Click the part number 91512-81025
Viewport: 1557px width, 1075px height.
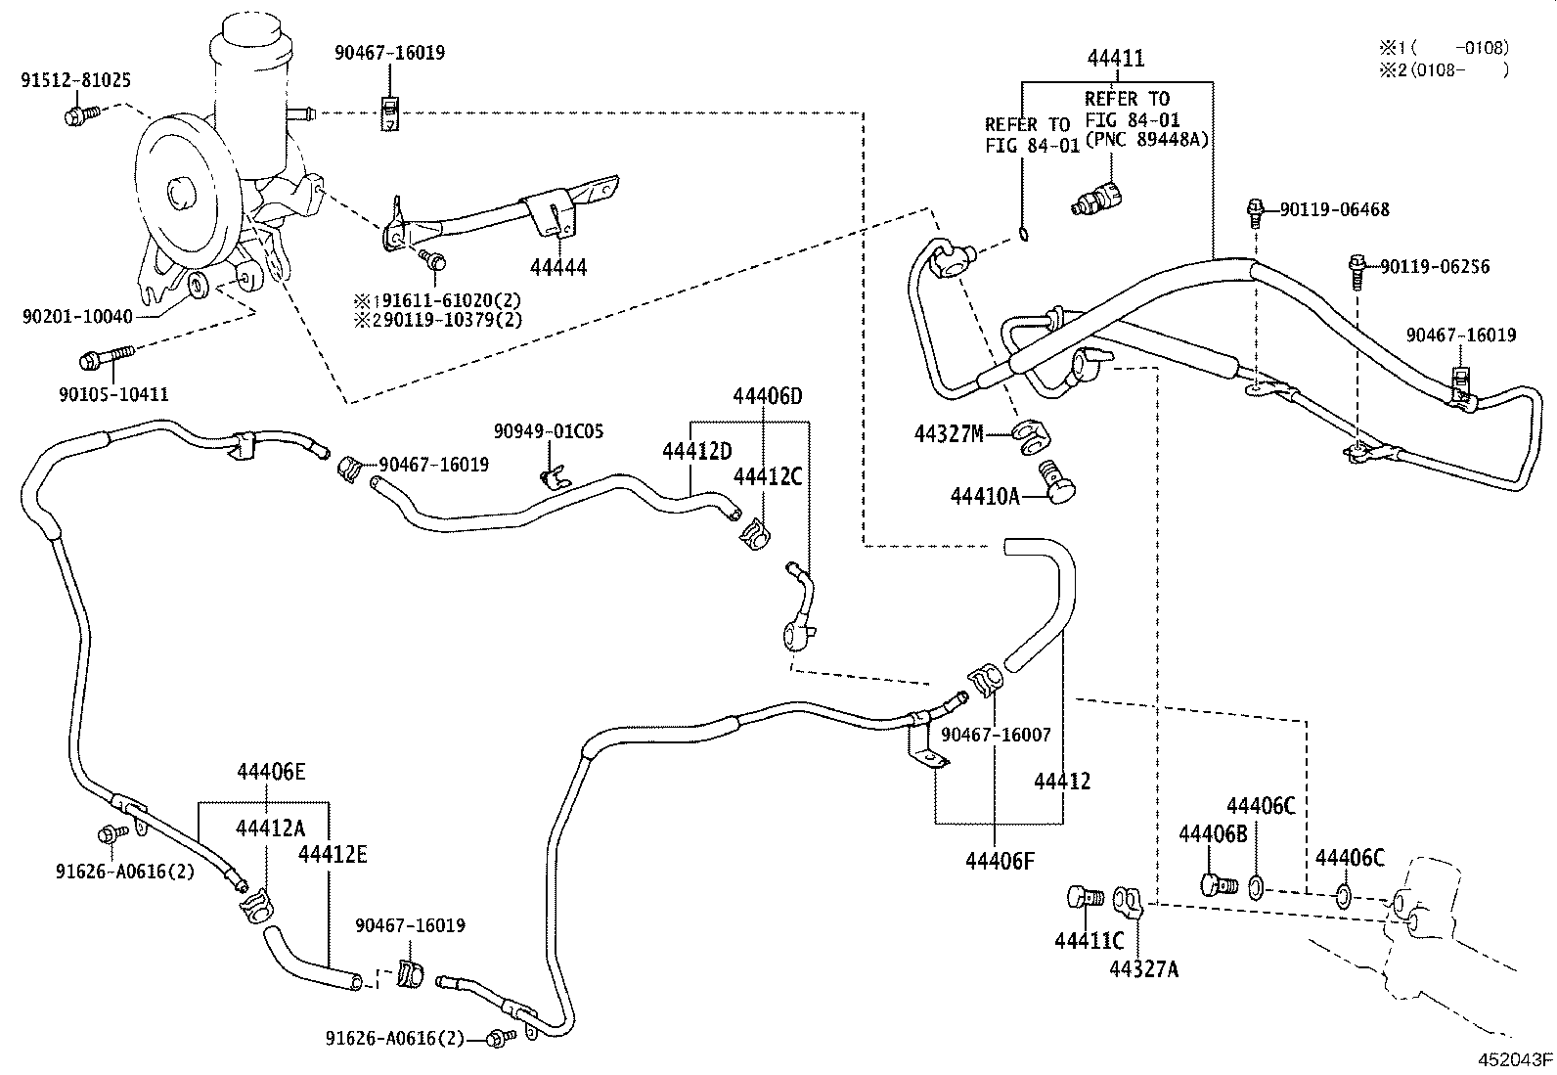tap(75, 81)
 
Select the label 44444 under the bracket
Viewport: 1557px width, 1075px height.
tap(558, 267)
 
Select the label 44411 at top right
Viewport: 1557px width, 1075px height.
tap(1115, 59)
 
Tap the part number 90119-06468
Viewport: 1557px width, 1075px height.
tap(1333, 209)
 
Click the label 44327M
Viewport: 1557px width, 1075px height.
tap(949, 433)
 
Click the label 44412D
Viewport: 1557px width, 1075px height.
tap(696, 451)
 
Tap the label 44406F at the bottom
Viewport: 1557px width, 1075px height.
tap(1000, 861)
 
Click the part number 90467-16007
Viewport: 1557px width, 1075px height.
tap(996, 734)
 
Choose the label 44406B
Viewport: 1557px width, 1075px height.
tap(1213, 833)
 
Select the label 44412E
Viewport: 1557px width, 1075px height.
tap(333, 854)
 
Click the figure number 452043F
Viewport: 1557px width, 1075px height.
tap(1515, 1059)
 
